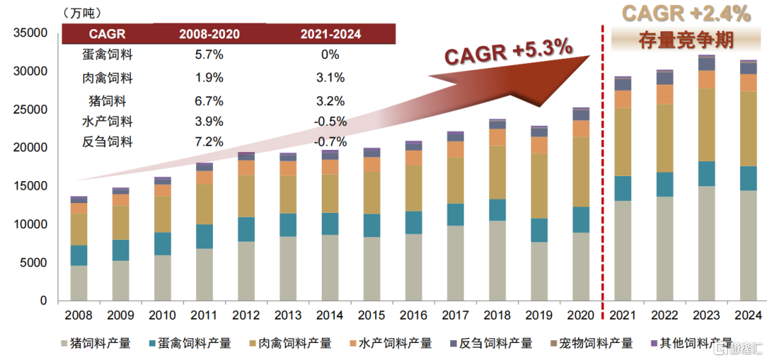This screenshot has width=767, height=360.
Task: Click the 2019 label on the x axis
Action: click(539, 315)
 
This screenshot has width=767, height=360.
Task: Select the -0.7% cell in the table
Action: click(330, 142)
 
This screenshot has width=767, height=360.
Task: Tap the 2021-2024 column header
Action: click(330, 33)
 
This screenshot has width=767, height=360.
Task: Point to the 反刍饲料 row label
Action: click(107, 142)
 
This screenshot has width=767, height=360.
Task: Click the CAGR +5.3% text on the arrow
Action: click(508, 52)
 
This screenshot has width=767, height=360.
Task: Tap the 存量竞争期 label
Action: click(686, 39)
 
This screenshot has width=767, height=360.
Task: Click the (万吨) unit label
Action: click(82, 12)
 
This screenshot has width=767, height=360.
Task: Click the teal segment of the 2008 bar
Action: click(79, 255)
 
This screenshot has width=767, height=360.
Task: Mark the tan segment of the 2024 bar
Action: click(749, 129)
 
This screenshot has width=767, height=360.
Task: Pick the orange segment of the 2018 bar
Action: click(497, 137)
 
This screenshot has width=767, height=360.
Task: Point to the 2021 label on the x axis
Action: click(623, 315)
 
